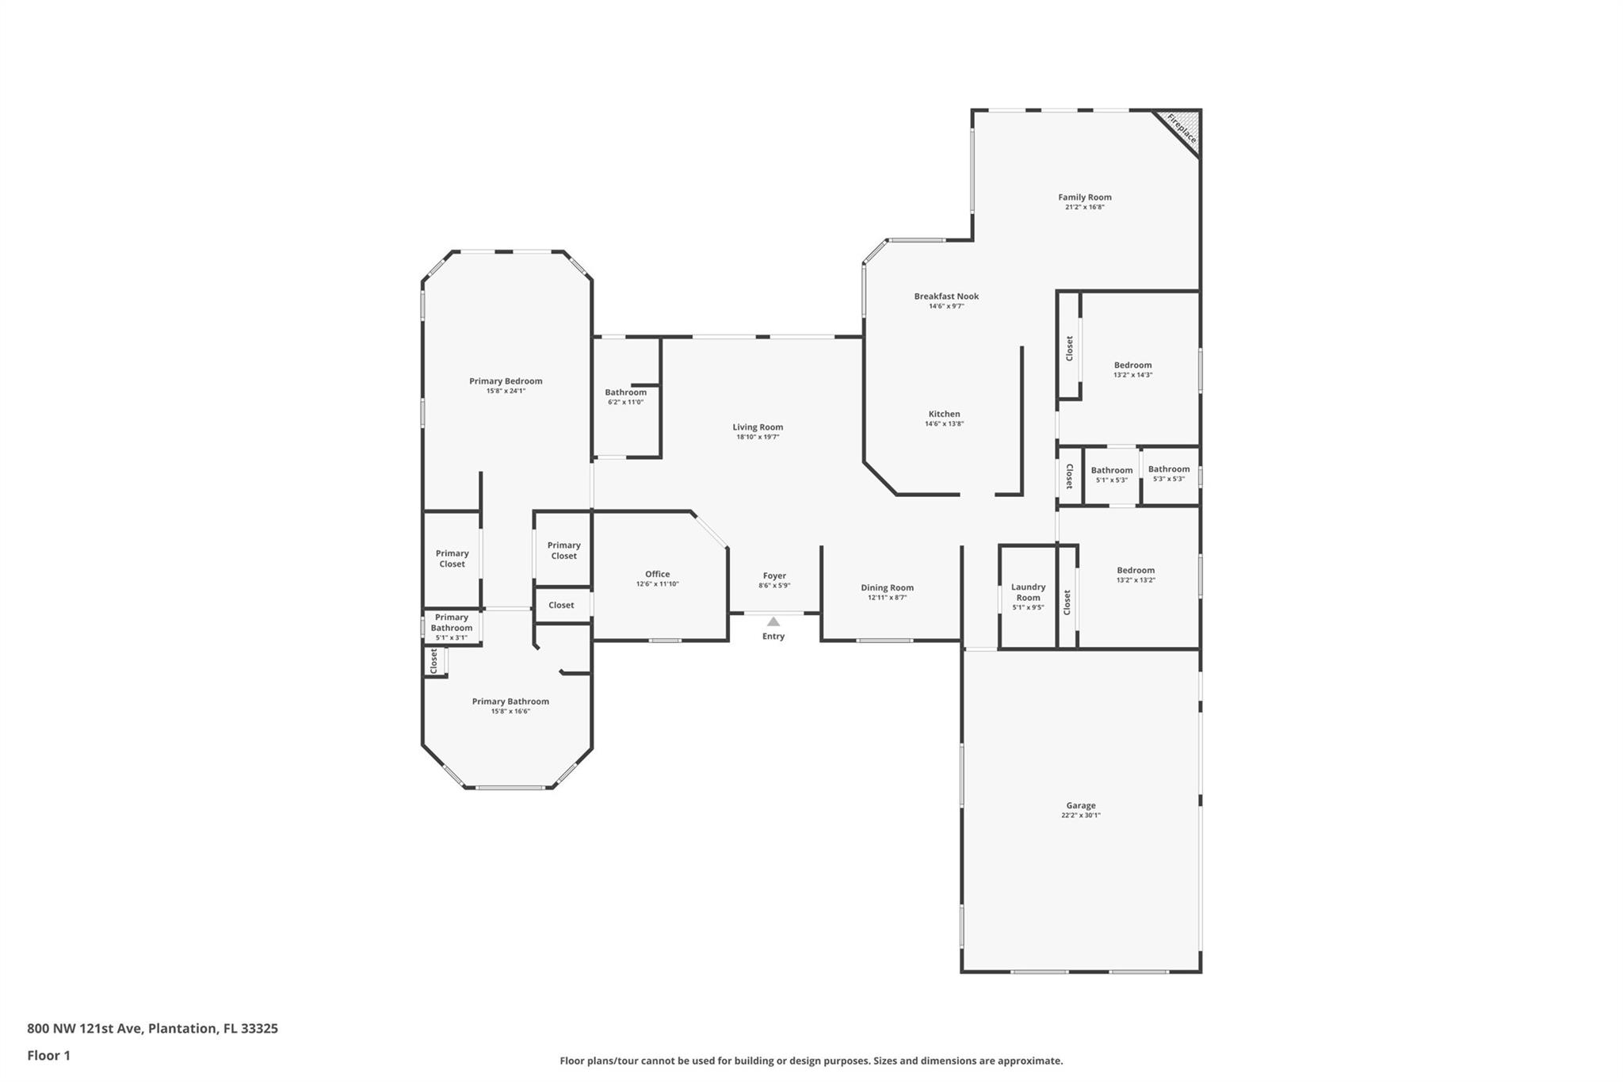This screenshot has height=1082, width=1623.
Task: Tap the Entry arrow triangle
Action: pos(773,621)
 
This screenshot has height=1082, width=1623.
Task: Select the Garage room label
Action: pos(1081,805)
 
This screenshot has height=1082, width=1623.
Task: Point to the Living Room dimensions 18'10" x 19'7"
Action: pos(758,437)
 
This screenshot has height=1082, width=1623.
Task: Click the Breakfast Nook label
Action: pos(946,296)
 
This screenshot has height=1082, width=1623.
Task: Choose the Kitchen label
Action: pos(945,414)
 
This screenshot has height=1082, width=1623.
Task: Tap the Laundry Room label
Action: pos(1029,593)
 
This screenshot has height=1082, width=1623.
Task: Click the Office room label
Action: pos(658,574)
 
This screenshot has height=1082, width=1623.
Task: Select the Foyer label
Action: pos(775,576)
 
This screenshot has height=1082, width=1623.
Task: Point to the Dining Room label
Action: pos(888,588)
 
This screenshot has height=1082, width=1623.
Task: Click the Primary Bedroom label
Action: pos(506,381)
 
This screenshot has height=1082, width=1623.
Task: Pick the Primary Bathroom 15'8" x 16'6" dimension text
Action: pos(510,711)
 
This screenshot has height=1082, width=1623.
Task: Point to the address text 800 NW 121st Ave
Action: pos(85,1029)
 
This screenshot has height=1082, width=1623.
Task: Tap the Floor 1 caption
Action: pos(49,1056)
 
